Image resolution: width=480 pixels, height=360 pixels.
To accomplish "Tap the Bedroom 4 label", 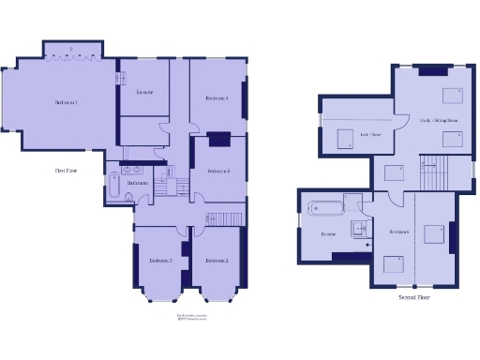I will click(x=217, y=97).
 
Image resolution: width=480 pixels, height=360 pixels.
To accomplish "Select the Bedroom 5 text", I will click(x=219, y=171).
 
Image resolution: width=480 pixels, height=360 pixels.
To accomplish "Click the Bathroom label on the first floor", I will click(x=138, y=183).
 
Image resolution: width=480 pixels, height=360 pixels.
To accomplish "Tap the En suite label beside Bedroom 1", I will click(x=144, y=92).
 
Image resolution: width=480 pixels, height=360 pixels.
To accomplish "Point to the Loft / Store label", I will click(x=370, y=134).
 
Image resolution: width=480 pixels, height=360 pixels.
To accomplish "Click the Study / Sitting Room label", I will click(x=439, y=120).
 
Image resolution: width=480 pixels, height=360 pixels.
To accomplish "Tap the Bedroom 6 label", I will click(x=399, y=231).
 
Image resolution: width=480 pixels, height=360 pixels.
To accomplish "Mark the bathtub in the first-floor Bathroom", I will click(x=113, y=194).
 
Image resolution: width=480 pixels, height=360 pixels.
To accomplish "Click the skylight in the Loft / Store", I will click(x=344, y=139).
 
